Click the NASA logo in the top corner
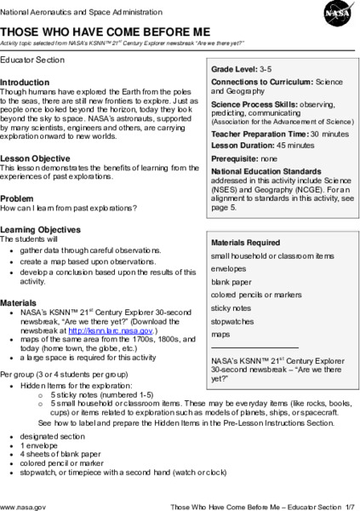tap(334, 15)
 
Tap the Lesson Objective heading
tap(35, 158)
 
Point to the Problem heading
tap(18, 198)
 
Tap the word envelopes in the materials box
tap(230, 267)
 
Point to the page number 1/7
tap(349, 505)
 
